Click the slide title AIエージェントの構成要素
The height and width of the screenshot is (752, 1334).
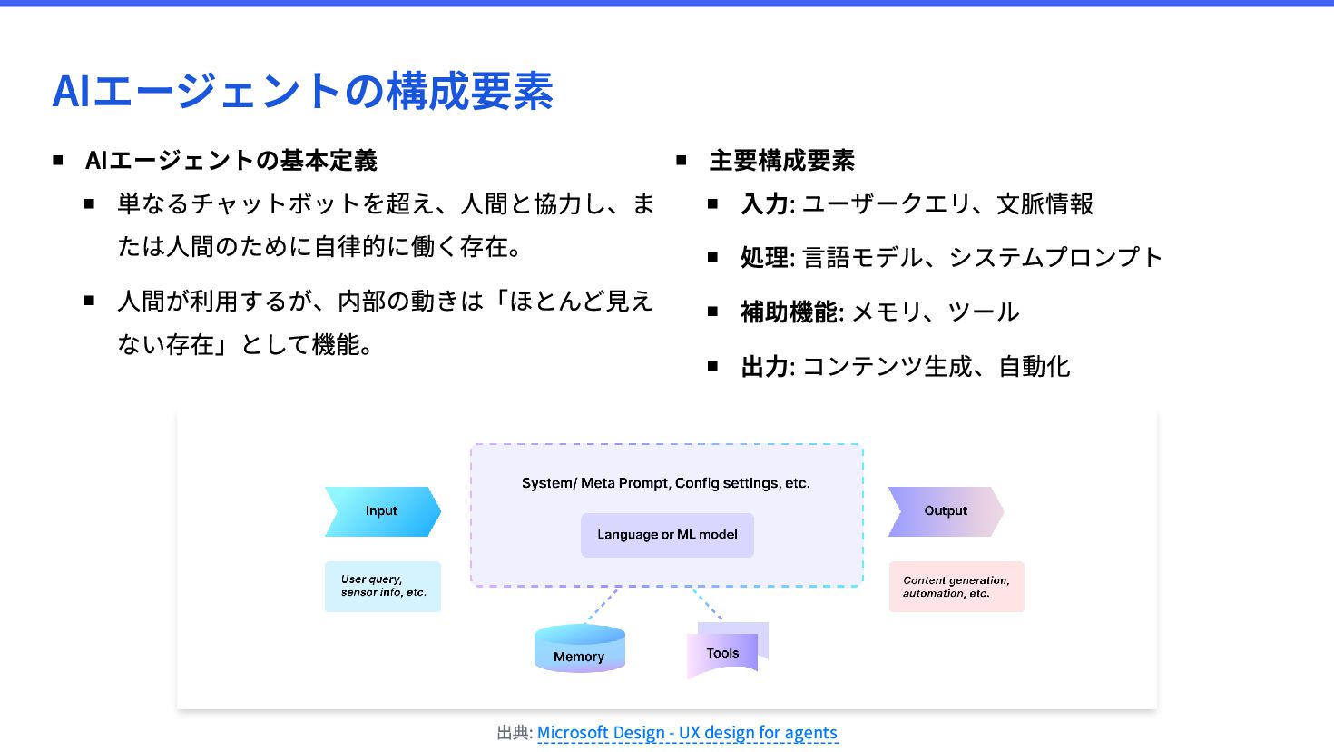point(302,91)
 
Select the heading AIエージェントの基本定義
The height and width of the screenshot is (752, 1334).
point(231,161)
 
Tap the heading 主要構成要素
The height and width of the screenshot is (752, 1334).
point(781,161)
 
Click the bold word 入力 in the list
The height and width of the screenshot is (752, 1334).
point(764,204)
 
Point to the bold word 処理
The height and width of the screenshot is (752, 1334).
point(764,258)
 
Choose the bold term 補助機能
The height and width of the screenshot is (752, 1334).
point(789,312)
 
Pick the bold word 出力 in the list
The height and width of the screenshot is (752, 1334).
point(764,367)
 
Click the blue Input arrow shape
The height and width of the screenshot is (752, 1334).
point(382,511)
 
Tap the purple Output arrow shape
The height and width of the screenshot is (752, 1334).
point(945,511)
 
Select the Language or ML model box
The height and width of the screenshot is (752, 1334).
point(667,535)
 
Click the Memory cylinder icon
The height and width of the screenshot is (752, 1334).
point(579,649)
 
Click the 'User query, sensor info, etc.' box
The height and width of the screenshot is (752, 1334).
point(383,586)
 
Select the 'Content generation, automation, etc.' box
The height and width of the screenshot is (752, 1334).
point(956,587)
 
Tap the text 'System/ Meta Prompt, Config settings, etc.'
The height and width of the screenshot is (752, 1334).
point(665,483)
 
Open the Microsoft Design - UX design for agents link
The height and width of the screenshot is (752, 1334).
point(687,733)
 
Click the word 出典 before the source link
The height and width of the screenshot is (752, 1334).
point(513,733)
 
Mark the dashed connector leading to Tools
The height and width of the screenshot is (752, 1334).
point(707,603)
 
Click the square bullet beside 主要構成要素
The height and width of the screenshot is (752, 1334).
point(682,161)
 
